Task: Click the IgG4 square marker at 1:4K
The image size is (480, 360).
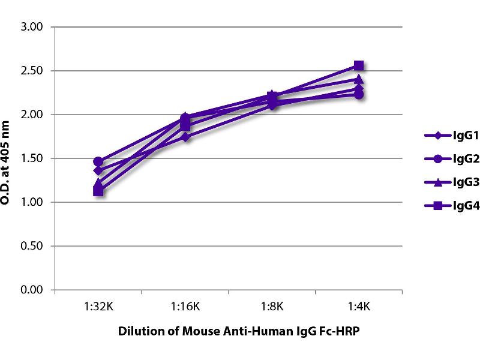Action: coord(359,65)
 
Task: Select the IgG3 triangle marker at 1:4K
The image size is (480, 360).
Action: coord(359,79)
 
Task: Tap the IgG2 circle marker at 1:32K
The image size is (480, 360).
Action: coord(98,161)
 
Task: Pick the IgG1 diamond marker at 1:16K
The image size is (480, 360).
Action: coord(185,137)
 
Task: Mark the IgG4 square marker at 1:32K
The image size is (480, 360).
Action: coord(98,191)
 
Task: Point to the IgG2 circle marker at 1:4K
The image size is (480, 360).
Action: coord(359,94)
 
